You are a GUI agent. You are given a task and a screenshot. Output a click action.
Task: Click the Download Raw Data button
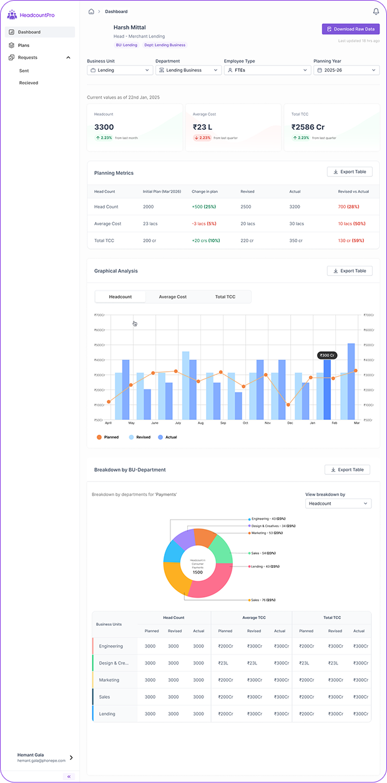point(350,29)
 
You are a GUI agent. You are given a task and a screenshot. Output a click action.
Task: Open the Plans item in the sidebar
point(24,46)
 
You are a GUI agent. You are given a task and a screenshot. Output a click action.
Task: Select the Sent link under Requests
point(24,71)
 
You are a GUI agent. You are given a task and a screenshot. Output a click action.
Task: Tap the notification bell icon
point(376,11)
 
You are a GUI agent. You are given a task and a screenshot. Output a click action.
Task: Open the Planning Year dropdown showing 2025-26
point(346,71)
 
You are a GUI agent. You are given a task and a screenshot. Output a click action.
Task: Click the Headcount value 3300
point(104,127)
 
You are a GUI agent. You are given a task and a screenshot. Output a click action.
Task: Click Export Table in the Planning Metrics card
point(350,172)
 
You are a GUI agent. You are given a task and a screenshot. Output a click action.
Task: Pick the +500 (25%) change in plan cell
point(203,207)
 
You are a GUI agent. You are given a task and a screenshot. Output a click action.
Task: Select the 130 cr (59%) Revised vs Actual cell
point(351,240)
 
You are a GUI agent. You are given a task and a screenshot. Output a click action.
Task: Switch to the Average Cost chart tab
point(173,297)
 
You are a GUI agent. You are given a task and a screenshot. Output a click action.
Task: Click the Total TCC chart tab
point(225,297)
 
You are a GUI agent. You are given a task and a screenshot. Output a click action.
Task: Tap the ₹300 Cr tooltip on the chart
point(327,355)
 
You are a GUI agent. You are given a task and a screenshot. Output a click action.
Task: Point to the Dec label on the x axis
point(290,423)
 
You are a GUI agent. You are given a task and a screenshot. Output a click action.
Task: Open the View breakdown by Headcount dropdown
point(338,503)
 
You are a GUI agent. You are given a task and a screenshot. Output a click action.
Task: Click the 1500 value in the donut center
point(197,572)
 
